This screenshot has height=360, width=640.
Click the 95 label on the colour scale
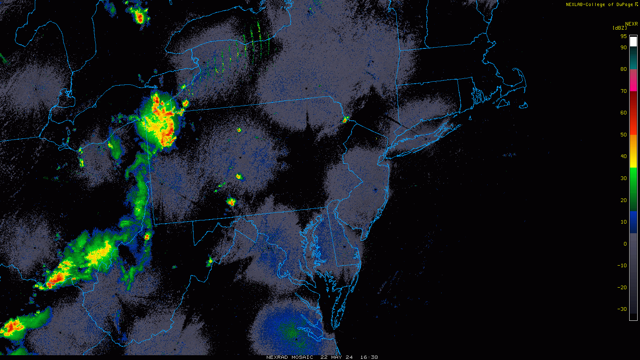click(x=623, y=36)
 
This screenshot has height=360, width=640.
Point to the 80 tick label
click(x=623, y=69)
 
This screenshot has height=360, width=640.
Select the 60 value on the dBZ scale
click(x=623, y=113)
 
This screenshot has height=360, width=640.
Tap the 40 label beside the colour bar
click(x=623, y=156)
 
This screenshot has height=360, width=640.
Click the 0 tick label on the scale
click(x=625, y=244)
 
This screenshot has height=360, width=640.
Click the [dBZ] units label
click(x=620, y=28)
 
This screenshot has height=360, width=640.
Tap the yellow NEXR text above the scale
click(x=631, y=24)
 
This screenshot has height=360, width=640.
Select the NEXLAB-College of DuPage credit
click(x=599, y=5)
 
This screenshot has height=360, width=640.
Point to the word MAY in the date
click(x=338, y=357)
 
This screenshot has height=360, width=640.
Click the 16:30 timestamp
click(x=369, y=357)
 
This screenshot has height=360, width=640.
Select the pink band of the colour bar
click(x=633, y=80)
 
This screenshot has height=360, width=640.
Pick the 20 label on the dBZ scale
click(x=623, y=200)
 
